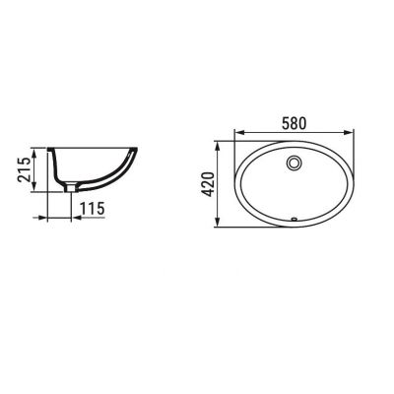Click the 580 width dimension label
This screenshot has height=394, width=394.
(294, 123)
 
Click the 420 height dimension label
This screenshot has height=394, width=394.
(208, 184)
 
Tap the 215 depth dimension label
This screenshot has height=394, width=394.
(25, 169)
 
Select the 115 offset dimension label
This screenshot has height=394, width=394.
(93, 208)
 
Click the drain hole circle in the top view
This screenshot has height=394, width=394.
(294, 164)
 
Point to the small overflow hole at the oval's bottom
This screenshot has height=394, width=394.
(295, 218)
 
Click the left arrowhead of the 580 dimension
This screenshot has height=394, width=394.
(239, 133)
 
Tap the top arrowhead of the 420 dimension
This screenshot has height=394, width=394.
(217, 147)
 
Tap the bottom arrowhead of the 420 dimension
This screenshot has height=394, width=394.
(217, 222)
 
